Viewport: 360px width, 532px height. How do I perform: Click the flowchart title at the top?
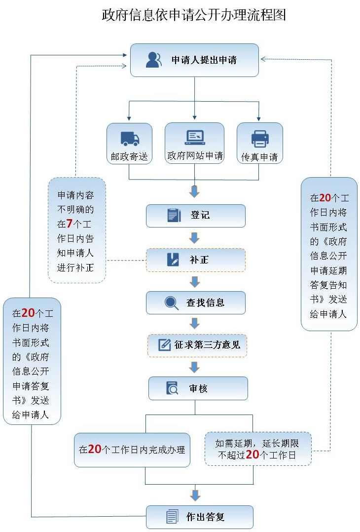point(193,15)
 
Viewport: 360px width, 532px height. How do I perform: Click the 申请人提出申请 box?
point(194,60)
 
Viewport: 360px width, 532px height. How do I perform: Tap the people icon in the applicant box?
point(154,60)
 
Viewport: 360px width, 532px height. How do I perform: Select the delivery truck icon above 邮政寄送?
point(130,139)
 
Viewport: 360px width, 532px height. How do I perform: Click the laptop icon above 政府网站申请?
point(194,137)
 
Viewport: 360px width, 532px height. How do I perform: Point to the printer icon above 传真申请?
point(260,138)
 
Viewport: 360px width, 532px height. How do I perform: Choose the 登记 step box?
point(195,216)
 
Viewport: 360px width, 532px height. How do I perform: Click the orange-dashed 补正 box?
point(195,260)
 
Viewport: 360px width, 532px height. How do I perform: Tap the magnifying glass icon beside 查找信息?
point(172,302)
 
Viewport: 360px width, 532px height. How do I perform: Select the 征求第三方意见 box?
point(197,345)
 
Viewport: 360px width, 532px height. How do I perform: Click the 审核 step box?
point(198,388)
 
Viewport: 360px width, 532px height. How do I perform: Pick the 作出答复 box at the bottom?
point(199,517)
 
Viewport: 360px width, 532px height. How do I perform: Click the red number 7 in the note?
point(70,224)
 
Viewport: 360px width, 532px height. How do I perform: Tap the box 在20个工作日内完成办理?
point(132,449)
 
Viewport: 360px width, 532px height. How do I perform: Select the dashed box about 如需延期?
point(258,448)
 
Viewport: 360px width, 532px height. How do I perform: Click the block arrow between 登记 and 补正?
point(195,238)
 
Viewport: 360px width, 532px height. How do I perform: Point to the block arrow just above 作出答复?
point(196,495)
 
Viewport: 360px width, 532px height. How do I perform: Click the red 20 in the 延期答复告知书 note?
point(325,198)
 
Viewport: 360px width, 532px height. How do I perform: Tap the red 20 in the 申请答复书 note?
point(28,313)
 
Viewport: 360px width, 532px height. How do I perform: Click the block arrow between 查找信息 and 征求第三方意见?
point(195,324)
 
